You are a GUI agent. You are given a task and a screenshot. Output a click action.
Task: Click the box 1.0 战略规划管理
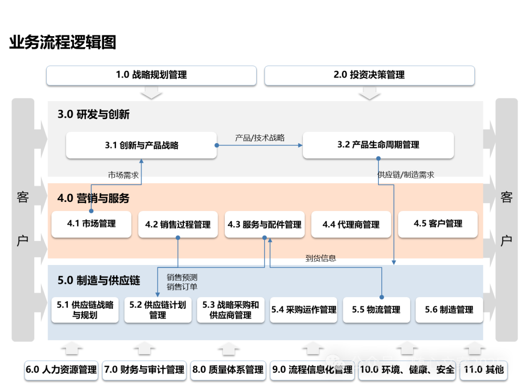(x=151, y=75)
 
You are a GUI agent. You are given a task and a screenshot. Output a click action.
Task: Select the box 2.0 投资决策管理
(x=369, y=75)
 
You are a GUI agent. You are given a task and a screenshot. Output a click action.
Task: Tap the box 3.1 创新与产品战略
(x=141, y=145)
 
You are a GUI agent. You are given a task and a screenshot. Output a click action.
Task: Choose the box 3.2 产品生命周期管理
(x=378, y=145)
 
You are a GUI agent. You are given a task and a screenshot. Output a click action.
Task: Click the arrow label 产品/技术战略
(x=260, y=138)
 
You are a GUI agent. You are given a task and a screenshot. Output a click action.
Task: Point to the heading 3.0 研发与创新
(x=93, y=114)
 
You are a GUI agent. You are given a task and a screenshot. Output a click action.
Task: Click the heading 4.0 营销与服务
(x=93, y=198)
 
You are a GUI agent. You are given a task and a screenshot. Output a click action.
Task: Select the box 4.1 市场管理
(x=91, y=224)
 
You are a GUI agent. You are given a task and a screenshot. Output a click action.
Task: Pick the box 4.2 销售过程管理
(x=178, y=225)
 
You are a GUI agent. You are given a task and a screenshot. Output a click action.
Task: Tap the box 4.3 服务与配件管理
(x=264, y=225)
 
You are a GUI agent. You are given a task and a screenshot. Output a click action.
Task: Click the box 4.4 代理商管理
(x=351, y=225)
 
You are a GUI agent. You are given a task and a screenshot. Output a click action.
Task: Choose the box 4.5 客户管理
(x=438, y=224)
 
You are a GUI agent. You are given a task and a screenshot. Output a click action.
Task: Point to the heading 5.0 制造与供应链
(x=99, y=280)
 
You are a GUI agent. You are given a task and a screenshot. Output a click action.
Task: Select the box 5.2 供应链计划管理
(x=158, y=310)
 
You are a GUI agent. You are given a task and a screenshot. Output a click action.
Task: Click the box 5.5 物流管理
(x=376, y=310)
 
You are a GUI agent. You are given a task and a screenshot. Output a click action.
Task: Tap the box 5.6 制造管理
(x=449, y=310)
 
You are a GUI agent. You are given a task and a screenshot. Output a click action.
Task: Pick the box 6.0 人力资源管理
(x=62, y=370)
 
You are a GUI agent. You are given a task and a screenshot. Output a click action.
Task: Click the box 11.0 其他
(x=483, y=370)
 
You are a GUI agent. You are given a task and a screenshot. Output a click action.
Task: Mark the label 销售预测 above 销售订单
(x=182, y=278)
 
